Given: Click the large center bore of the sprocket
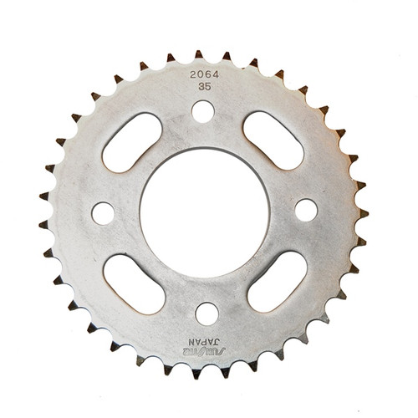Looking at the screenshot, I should coord(204,212).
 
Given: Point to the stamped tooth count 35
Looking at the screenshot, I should coord(204,84).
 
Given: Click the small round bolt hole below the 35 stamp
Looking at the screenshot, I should coord(203,110).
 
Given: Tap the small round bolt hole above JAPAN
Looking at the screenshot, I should coord(206,314).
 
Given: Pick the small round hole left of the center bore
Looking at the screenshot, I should coord(103,213).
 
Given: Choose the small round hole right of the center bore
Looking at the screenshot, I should coord(306,210).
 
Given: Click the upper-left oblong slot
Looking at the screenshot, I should coord(132,142).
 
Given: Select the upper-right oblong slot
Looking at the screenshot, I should coord(273,139).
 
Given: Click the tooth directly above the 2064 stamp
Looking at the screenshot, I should coord(199,54).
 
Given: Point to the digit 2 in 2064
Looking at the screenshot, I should coord(191,73).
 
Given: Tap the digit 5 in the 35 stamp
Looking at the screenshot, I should coord(207,84).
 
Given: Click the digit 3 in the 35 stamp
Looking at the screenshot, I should coord(201,84).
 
